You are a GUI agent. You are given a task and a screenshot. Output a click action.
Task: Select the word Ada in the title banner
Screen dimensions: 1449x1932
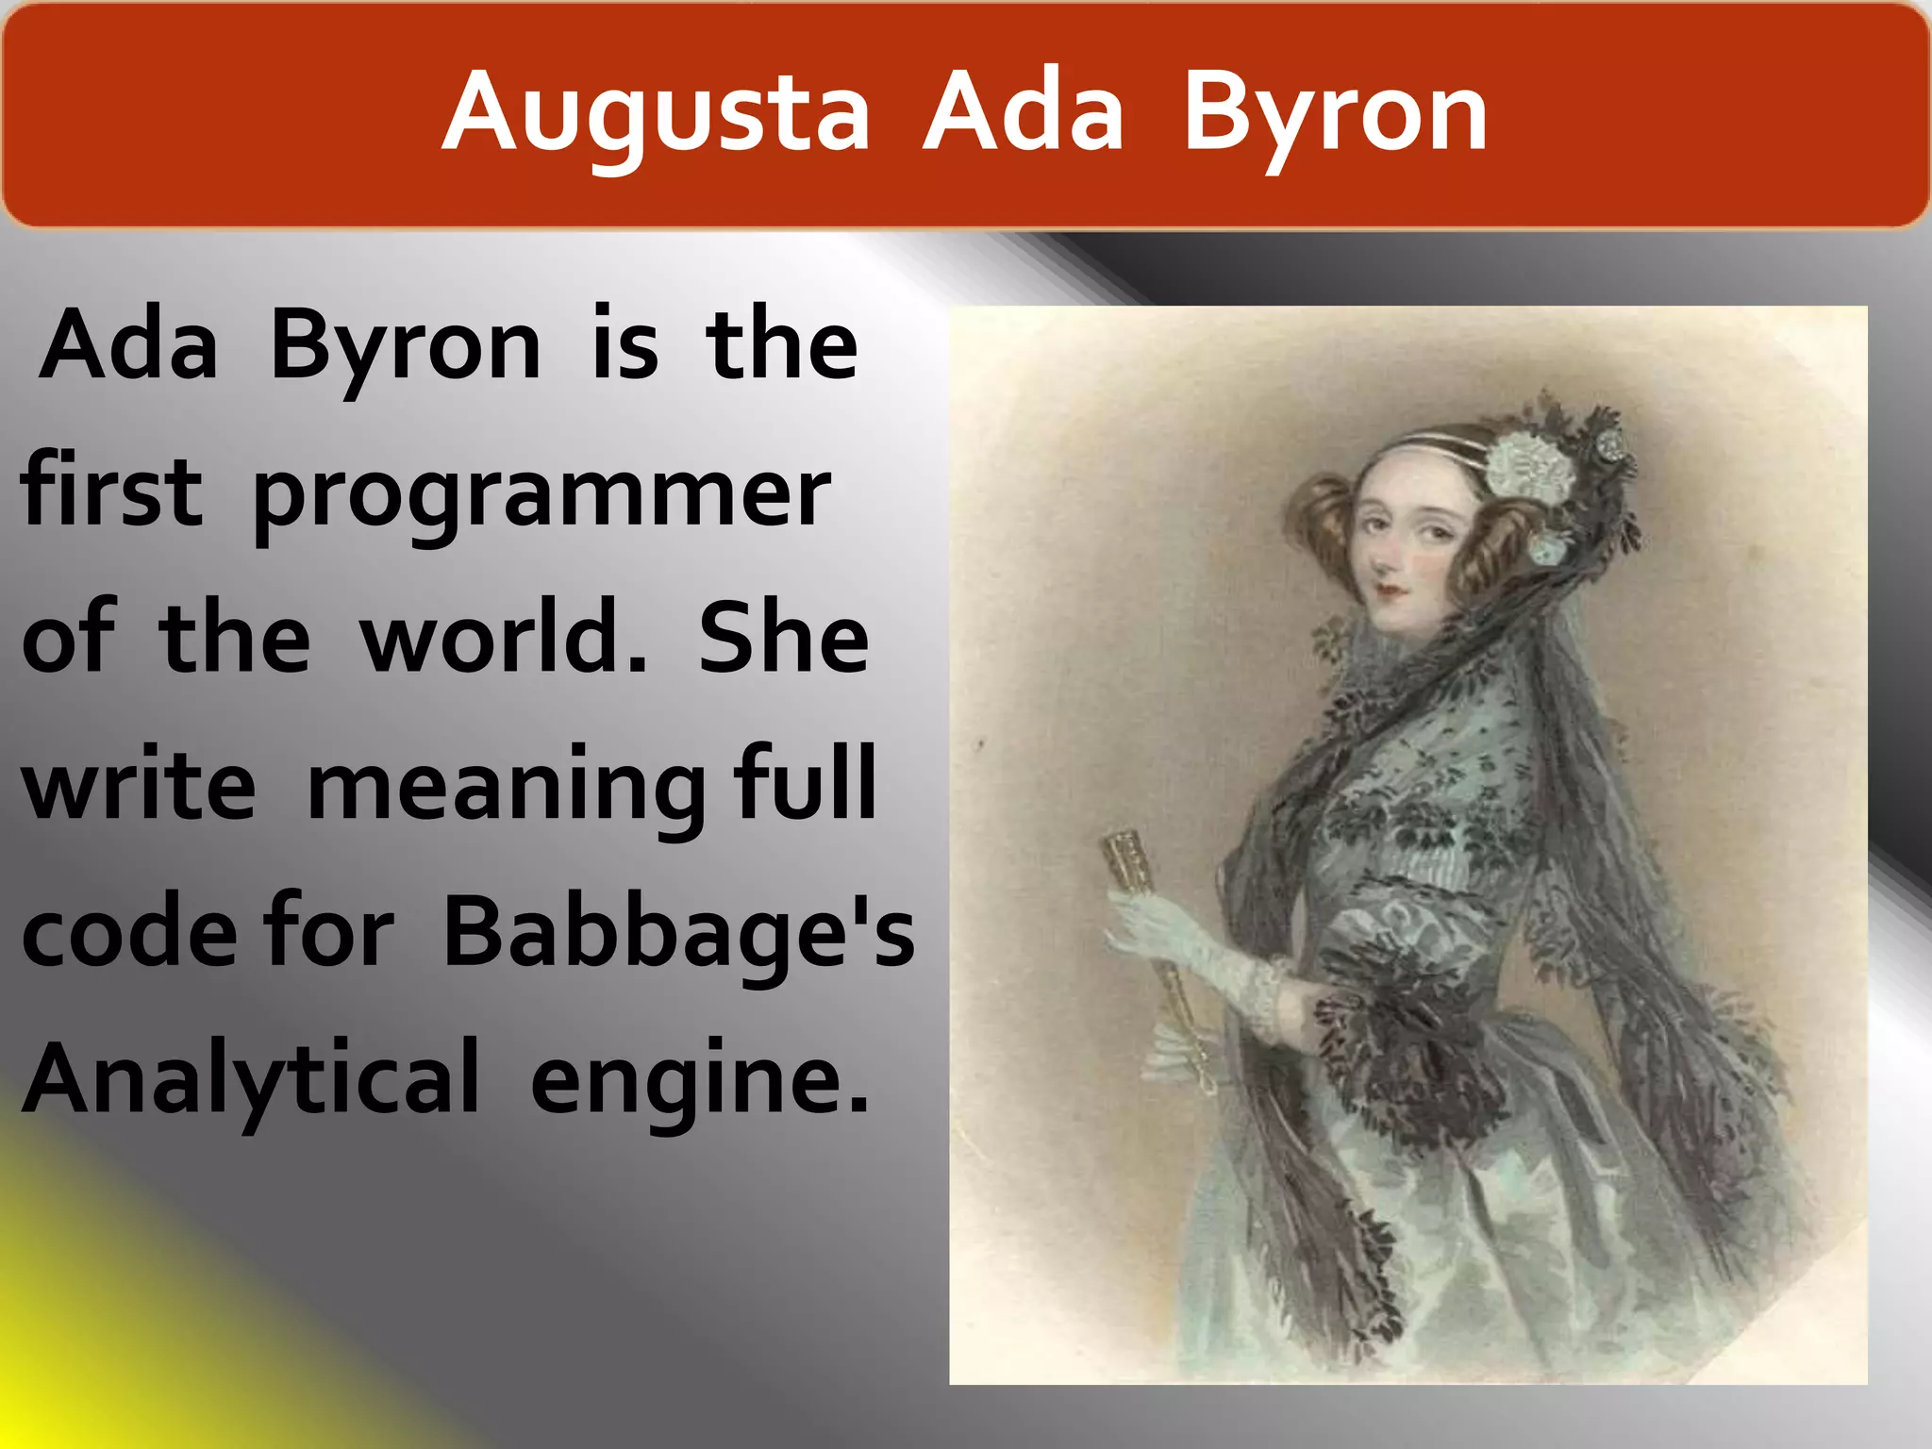point(1024,113)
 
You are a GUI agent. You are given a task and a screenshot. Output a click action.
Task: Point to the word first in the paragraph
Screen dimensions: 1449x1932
point(111,491)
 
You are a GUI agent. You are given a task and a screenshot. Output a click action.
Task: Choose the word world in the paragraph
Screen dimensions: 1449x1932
point(504,638)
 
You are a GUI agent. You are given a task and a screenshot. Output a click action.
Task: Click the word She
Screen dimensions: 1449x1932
point(783,638)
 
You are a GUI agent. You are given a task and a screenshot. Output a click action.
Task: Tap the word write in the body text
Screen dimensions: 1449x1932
point(139,785)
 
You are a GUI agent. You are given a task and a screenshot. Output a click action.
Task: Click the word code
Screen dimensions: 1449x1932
point(129,932)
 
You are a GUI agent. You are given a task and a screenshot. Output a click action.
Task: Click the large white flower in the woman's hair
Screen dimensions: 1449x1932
point(1530,464)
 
